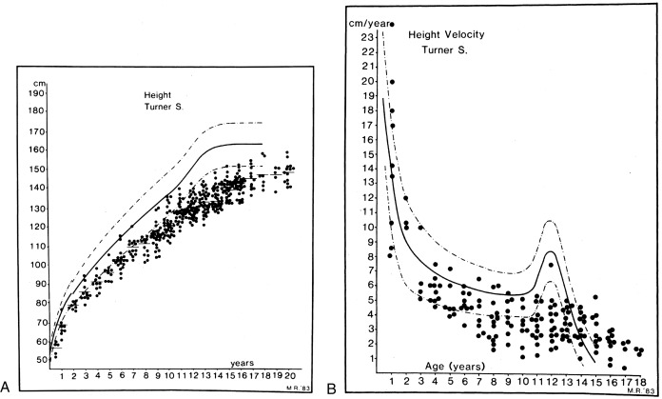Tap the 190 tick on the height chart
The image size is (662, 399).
tap(39, 93)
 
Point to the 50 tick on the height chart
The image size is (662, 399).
tap(39, 359)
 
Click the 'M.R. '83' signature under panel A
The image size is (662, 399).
tap(297, 387)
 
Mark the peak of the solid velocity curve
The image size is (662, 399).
tap(550, 251)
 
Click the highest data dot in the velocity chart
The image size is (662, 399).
tap(391, 24)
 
